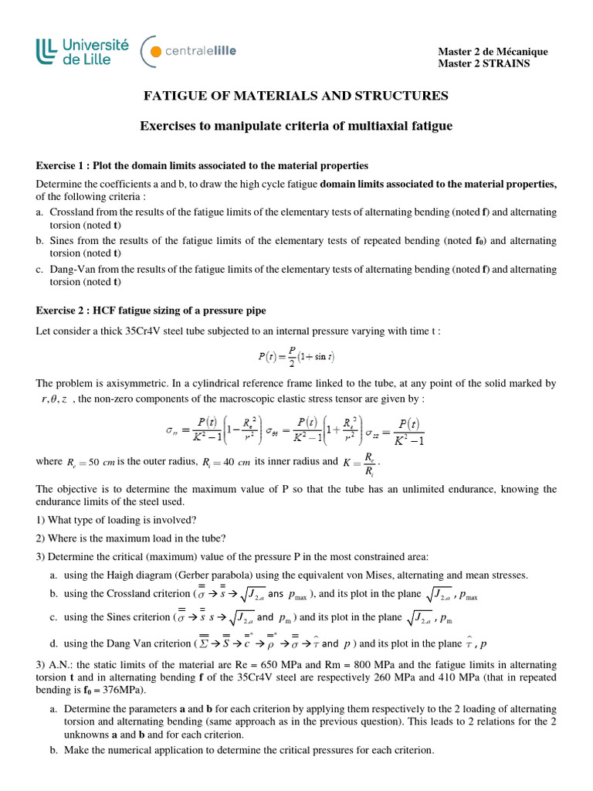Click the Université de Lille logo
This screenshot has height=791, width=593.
point(82,52)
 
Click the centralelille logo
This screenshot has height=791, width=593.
point(189,52)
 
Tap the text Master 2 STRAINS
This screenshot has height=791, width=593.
point(484,63)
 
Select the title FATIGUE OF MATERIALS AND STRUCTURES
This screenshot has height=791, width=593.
point(296,96)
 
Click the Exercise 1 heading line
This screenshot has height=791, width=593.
point(202,166)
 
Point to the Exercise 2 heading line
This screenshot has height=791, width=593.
point(151,311)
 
